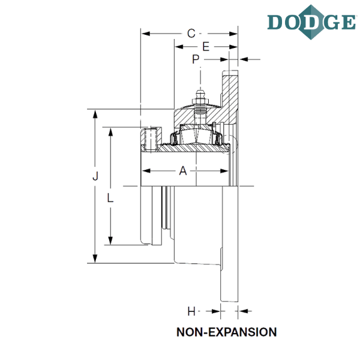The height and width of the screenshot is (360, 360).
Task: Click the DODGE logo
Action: point(311,22)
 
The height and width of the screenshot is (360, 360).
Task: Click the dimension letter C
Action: point(191,34)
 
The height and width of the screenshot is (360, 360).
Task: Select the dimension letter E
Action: point(206,47)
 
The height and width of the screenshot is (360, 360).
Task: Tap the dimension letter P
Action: point(196,59)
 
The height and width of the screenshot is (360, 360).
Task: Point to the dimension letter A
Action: point(183,171)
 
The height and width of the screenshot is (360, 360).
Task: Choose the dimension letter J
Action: point(95,176)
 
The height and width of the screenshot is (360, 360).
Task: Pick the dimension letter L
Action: point(110,197)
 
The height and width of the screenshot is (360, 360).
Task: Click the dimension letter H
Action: point(191,311)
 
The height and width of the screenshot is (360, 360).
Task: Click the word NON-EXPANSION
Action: point(227,332)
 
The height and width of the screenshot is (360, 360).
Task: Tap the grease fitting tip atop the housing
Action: point(200,92)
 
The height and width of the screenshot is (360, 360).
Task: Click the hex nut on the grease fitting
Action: point(200,101)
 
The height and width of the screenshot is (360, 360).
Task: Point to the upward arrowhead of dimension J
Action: point(95,114)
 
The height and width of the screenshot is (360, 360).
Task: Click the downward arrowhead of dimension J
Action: point(95,258)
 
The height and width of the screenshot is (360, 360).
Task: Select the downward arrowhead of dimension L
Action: point(110,241)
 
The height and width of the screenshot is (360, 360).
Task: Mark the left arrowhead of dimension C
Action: point(146,34)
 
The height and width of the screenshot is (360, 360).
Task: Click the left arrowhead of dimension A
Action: point(146,171)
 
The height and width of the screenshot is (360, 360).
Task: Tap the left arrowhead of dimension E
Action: point(179,47)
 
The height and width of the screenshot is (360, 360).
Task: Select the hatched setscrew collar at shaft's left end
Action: point(151,140)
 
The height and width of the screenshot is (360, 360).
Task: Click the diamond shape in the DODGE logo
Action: point(311,22)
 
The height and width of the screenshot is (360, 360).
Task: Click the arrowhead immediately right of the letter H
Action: point(216,311)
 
